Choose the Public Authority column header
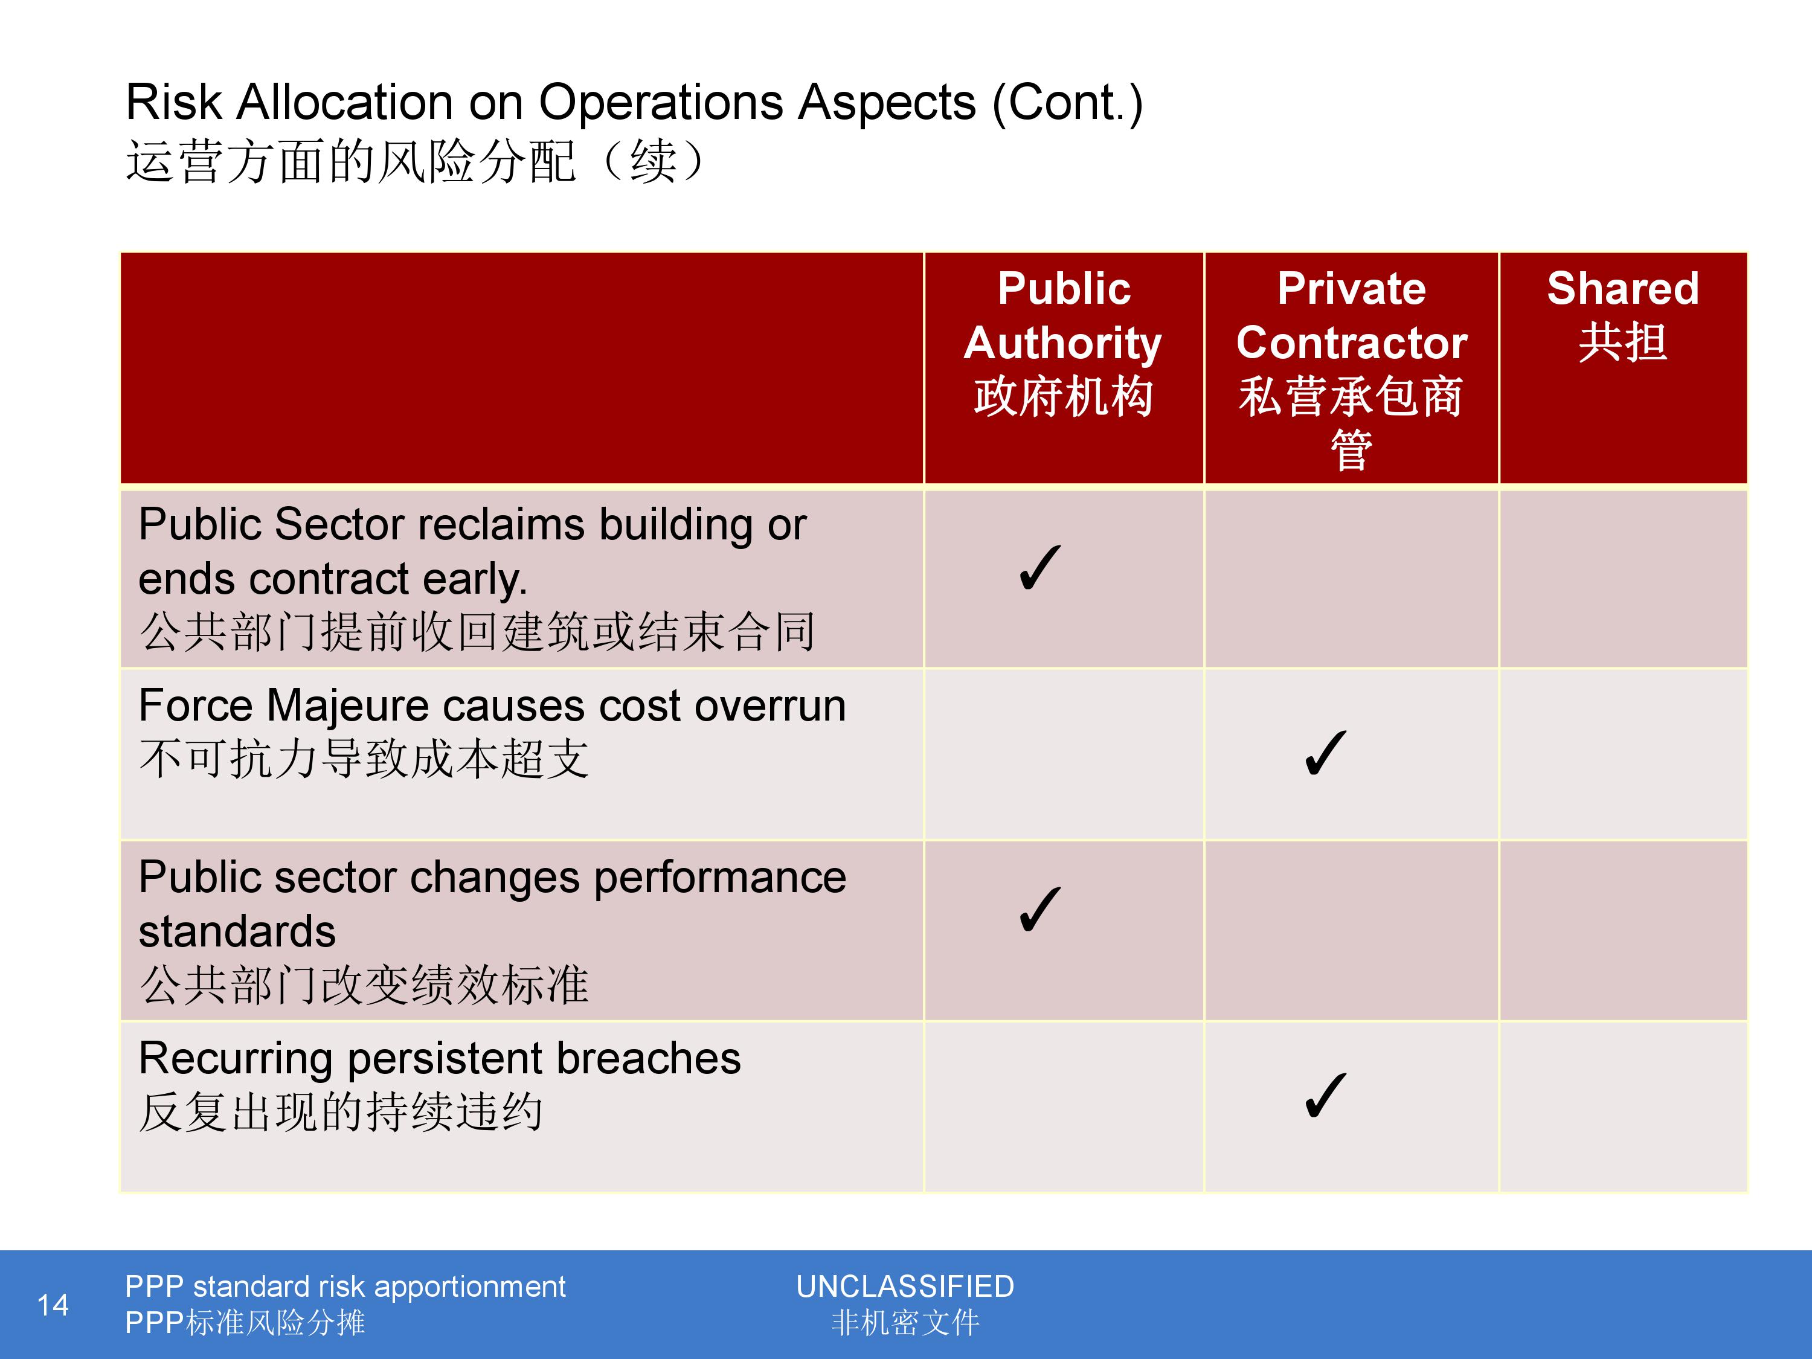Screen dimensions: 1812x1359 click(x=1063, y=342)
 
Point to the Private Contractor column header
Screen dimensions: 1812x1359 click(x=1352, y=370)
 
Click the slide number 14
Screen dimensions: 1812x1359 click(x=53, y=1305)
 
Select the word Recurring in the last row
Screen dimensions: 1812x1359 click(x=237, y=1058)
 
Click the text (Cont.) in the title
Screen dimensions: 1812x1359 click(x=1068, y=103)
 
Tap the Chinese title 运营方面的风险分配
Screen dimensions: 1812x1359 click(x=350, y=161)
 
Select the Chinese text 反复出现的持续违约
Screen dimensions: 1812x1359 click(x=341, y=1111)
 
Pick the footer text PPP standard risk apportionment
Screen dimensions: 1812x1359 click(x=345, y=1287)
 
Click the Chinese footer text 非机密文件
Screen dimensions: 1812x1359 click(x=905, y=1322)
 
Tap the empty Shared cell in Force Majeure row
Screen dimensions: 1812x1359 click(x=1623, y=754)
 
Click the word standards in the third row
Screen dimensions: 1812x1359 click(x=237, y=931)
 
